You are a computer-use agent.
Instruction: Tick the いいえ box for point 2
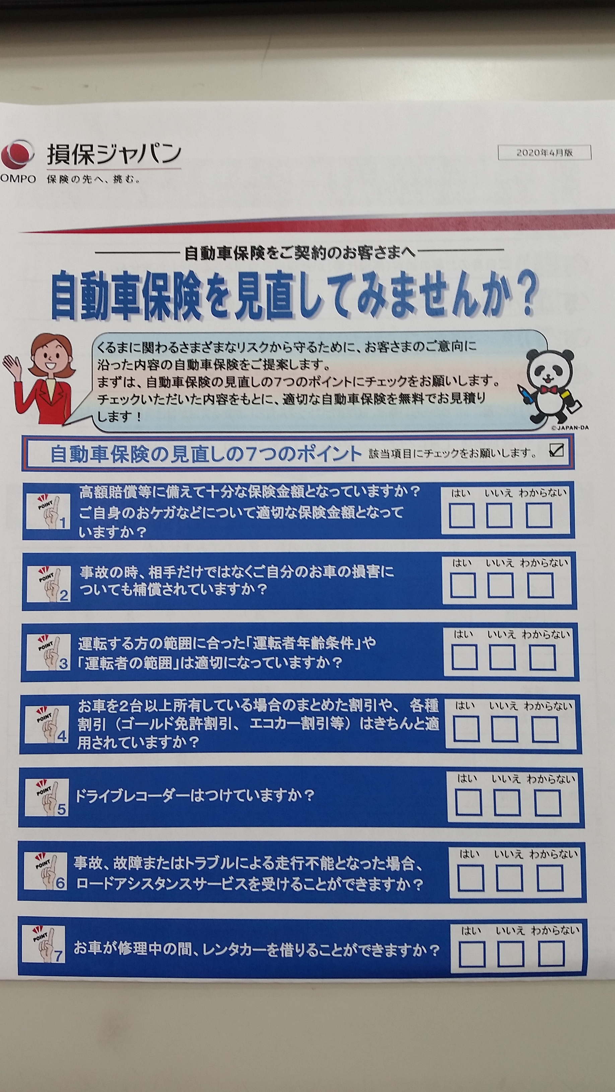pyautogui.click(x=500, y=585)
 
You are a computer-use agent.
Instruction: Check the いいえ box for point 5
pyautogui.click(x=507, y=803)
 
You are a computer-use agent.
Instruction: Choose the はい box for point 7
pyautogui.click(x=472, y=954)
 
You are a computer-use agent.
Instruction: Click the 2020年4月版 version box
pyautogui.click(x=545, y=153)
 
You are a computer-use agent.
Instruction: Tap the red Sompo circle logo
pyautogui.click(x=17, y=155)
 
